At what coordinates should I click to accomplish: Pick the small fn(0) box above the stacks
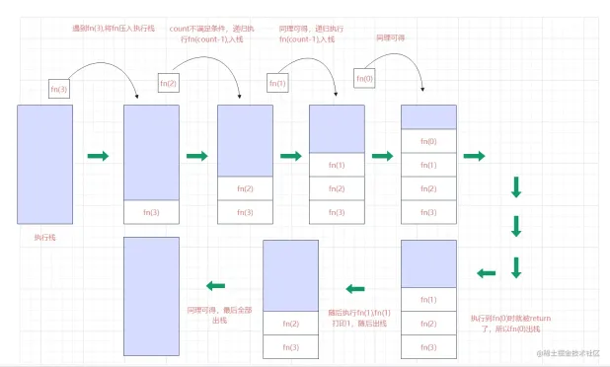point(364,77)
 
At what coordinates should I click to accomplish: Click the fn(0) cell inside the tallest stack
point(428,141)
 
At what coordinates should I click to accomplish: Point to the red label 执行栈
point(45,238)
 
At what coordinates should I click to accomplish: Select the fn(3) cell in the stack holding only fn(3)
point(151,212)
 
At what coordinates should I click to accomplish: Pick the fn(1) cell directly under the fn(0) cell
point(428,164)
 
